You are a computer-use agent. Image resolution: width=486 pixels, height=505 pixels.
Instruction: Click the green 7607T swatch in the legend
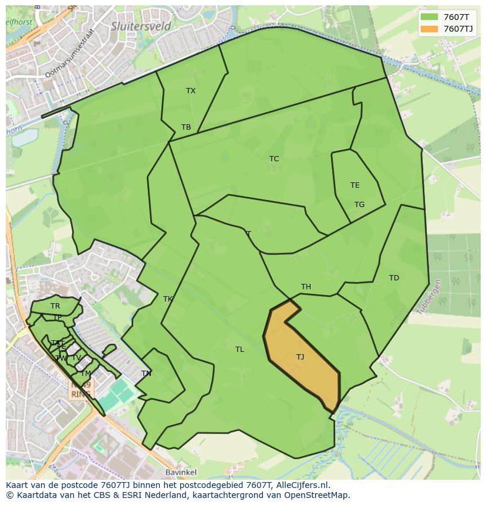point(429,16)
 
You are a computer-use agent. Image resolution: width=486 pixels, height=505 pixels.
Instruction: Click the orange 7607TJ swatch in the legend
point(429,29)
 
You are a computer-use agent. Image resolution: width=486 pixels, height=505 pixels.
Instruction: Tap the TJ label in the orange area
point(300,357)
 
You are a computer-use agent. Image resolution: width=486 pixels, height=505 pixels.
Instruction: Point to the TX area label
point(191,91)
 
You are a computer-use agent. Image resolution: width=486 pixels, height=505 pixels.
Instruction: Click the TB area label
point(186,127)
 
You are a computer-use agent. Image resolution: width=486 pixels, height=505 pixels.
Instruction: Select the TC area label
point(274,159)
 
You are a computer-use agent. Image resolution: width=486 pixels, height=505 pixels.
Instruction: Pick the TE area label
point(355,185)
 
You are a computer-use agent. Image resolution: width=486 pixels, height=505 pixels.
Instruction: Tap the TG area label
point(359,205)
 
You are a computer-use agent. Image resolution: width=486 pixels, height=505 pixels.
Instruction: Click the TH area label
point(306,287)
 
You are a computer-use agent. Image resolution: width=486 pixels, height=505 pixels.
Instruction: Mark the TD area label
point(394,278)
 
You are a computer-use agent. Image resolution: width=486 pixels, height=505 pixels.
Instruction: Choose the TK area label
point(168,299)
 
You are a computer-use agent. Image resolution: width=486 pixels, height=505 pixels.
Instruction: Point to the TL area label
point(239,350)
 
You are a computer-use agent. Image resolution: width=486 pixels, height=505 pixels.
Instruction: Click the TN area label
point(146,374)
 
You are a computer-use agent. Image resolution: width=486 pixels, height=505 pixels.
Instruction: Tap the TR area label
point(55,306)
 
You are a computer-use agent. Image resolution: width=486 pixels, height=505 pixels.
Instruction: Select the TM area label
point(86,374)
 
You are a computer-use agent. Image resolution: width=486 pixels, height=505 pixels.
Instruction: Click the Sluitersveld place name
point(141,26)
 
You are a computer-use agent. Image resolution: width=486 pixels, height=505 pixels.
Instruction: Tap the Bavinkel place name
point(181,472)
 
